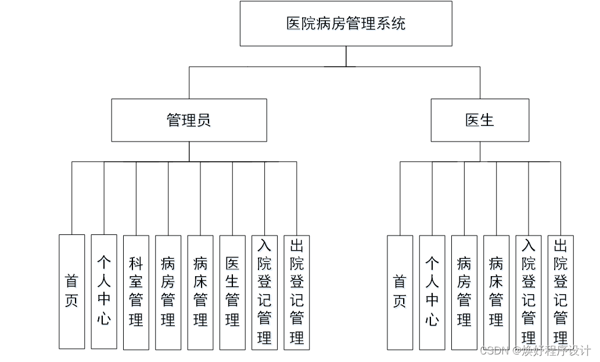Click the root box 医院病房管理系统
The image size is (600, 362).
tap(346, 24)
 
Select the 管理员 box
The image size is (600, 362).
tap(189, 120)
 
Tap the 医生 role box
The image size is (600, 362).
tap(480, 120)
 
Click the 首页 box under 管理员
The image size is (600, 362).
tap(71, 291)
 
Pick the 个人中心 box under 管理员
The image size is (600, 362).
tap(104, 291)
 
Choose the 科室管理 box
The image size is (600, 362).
tap(136, 292)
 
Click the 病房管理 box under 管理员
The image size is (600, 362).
tap(168, 292)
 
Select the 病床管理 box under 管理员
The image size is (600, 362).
tap(200, 292)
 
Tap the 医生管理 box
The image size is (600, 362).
tap(232, 292)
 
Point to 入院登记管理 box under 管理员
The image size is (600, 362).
tap(264, 292)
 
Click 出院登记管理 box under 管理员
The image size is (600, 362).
tap(297, 292)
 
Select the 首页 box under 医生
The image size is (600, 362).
tap(400, 292)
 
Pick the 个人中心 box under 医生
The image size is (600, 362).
tap(432, 292)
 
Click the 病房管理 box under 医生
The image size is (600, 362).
tap(464, 292)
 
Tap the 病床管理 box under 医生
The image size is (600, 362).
tap(496, 292)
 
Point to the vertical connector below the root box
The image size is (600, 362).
tap(346, 56)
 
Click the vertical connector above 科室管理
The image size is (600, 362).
tap(136, 198)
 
